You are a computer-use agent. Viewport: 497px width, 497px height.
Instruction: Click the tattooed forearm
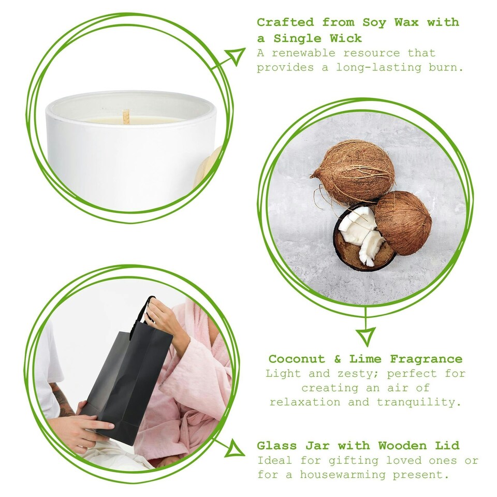tap(63, 401)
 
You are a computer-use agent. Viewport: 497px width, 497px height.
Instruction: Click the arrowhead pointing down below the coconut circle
tap(367, 337)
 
